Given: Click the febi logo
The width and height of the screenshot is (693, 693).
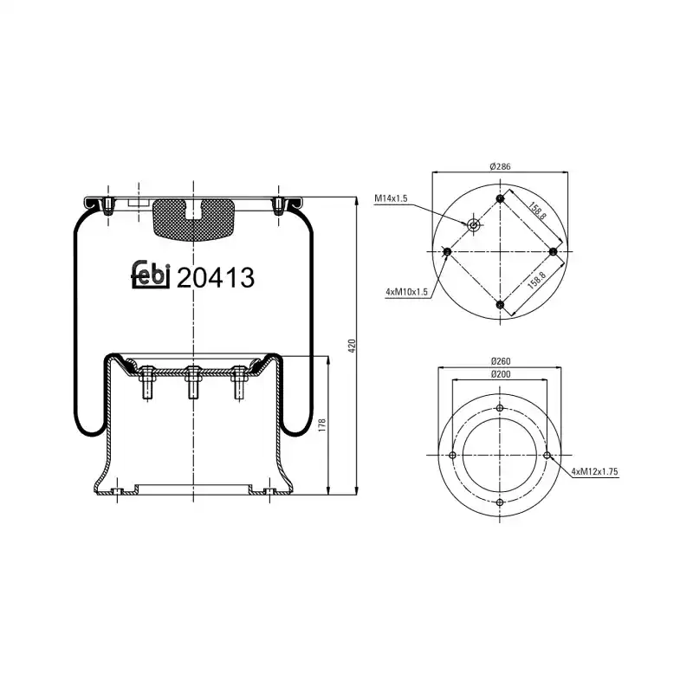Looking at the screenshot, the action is tap(151, 275).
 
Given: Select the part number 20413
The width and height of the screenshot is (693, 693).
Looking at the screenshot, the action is tap(215, 277).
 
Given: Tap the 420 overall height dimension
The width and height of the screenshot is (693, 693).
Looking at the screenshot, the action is tap(352, 346).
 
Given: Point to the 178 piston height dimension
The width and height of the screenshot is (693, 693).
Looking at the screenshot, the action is tap(321, 425).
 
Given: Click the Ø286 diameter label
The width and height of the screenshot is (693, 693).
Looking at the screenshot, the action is tap(500, 166).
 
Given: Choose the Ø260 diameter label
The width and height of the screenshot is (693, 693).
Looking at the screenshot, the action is tap(501, 361).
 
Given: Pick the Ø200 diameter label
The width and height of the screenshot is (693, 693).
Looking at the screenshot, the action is tap(501, 374).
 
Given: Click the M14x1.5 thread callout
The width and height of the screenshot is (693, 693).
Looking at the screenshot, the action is tap(391, 198).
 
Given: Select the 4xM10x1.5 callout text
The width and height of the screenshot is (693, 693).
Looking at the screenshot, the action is tap(406, 292).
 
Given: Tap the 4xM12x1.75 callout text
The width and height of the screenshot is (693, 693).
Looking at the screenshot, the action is tap(594, 471).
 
